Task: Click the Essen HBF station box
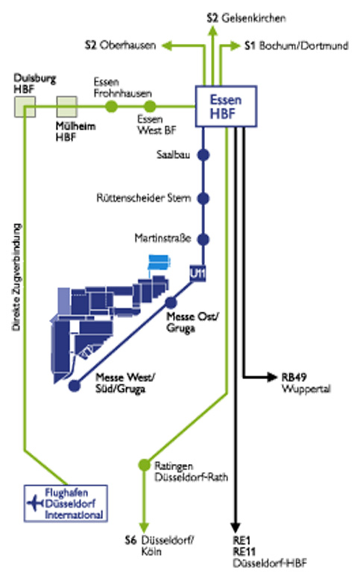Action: pos(226,107)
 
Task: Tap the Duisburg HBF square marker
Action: pos(25,107)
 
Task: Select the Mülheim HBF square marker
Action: pos(67,107)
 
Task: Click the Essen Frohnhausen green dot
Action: pos(111,107)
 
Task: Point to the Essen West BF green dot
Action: pos(149,107)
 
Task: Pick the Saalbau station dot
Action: pos(203,155)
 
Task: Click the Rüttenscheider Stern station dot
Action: pos(203,198)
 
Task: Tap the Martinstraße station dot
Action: pos(203,239)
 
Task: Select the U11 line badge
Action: pos(198,273)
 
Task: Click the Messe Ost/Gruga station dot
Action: pos(171,302)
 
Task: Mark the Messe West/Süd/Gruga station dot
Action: pos(75,386)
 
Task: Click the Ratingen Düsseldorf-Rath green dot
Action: pos(144,465)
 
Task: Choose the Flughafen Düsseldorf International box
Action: pos(66,504)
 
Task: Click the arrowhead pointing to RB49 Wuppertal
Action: pos(272,377)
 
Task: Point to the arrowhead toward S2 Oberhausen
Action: pos(167,45)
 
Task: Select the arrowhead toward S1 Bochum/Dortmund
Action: pos(236,45)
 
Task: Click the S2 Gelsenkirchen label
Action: pos(247,18)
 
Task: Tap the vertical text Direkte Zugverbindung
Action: pos(16,277)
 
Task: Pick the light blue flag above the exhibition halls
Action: pos(160,261)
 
